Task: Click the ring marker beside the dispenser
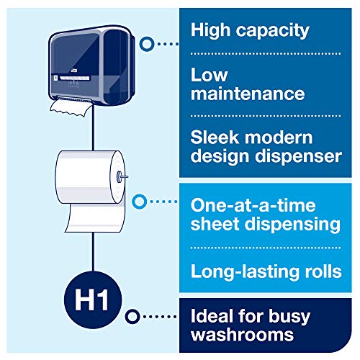pyautogui.click(x=148, y=43)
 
